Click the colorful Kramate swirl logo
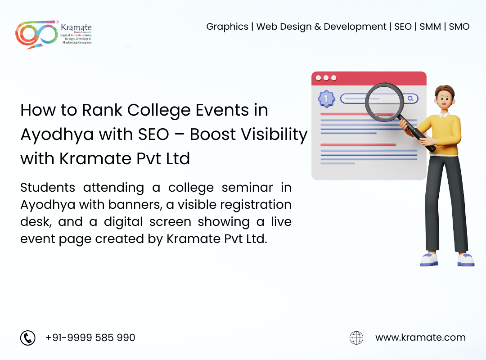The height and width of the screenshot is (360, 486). (36, 34)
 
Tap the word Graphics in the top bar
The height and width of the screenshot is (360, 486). (227, 27)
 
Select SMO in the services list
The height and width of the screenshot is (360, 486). (459, 27)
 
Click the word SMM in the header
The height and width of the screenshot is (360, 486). (430, 27)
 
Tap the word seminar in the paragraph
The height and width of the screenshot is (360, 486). (247, 188)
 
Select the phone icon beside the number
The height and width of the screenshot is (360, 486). (28, 337)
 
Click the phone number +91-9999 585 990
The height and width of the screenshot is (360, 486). (90, 337)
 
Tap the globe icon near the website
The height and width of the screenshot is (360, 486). (356, 337)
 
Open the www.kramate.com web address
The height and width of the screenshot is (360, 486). (420, 337)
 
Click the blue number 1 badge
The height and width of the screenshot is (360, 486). (326, 99)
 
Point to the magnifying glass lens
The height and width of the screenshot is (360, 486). (384, 102)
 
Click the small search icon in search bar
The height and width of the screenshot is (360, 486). (410, 99)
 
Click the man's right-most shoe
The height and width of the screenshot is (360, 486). (466, 260)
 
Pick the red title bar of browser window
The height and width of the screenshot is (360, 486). (369, 78)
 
